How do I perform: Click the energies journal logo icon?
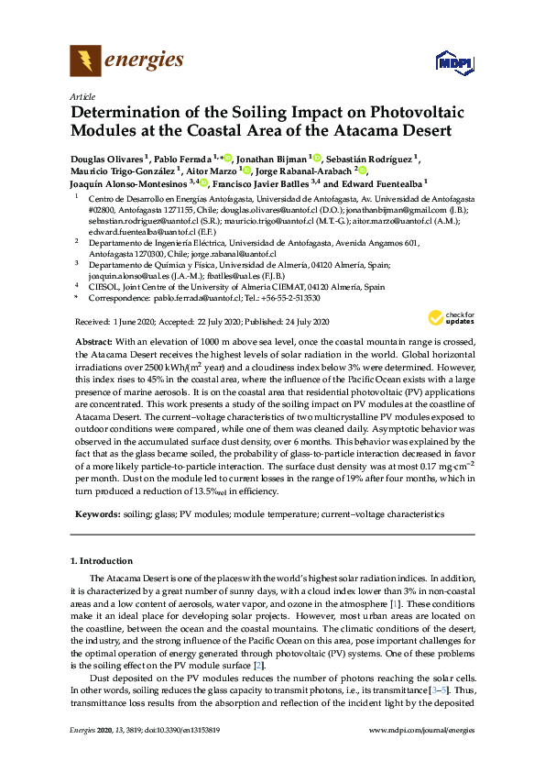85,61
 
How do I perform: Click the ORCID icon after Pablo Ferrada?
228,157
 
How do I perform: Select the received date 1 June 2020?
139,322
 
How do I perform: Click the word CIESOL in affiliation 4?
103,286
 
